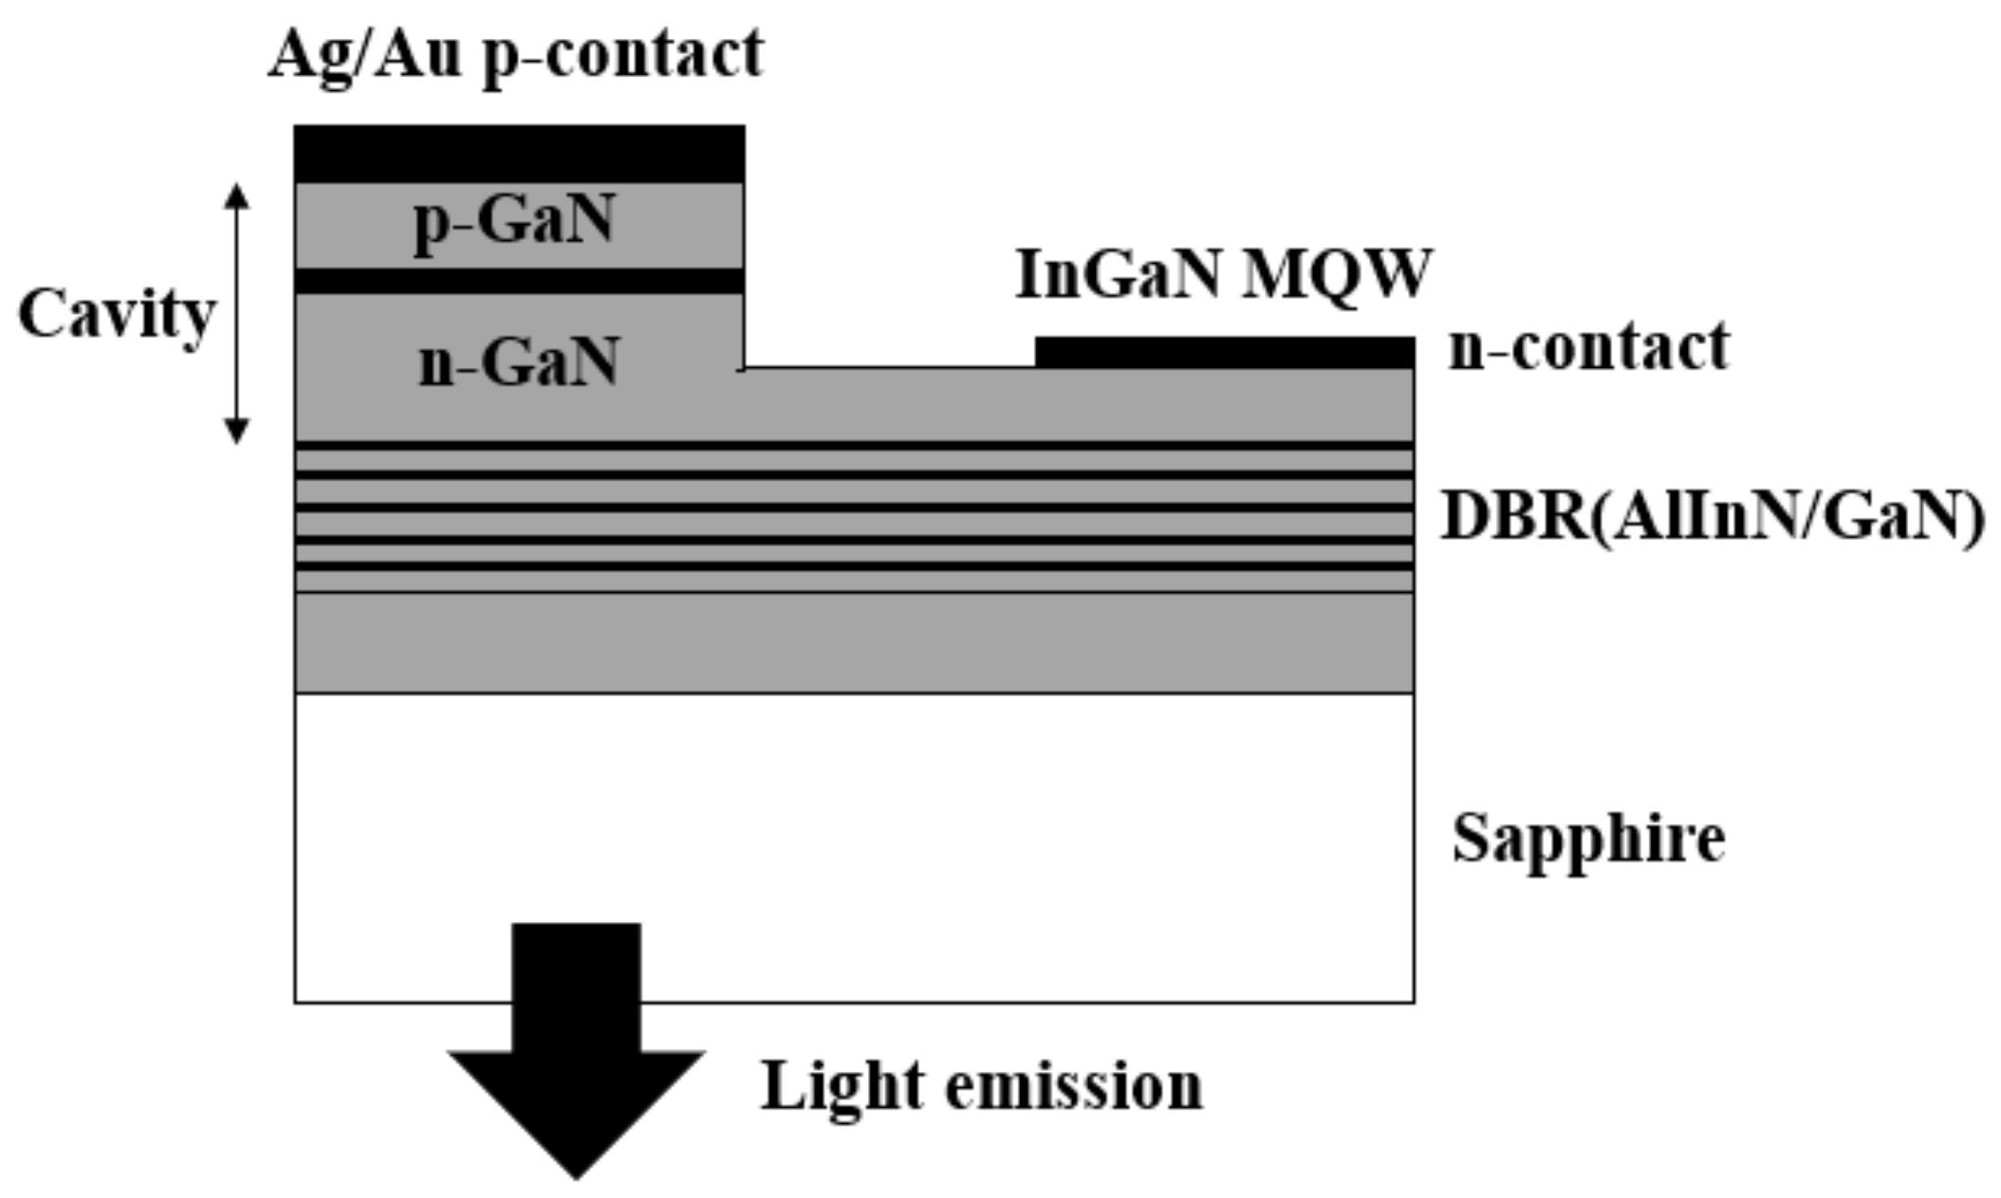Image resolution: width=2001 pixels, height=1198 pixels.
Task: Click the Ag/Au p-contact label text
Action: click(515, 54)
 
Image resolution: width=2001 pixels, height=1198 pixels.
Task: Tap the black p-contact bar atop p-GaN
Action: click(519, 153)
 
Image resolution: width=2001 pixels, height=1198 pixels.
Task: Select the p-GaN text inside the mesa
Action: click(515, 220)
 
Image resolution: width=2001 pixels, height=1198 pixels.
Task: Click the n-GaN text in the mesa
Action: click(518, 362)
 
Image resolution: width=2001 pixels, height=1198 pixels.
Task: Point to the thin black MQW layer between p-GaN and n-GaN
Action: click(519, 281)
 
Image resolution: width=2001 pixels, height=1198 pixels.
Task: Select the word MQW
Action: click(1336, 276)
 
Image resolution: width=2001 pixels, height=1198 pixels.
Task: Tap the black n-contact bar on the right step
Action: click(1224, 352)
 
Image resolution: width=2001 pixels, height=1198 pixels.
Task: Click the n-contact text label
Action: click(1588, 347)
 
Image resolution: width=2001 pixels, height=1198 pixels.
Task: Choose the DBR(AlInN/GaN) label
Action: click(1713, 517)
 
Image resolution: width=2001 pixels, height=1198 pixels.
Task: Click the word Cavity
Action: click(117, 314)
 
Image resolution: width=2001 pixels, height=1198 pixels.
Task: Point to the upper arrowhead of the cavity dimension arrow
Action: click(236, 194)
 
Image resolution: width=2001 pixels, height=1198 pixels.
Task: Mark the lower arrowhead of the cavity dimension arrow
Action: click(236, 432)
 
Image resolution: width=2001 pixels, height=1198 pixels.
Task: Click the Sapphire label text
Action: click(1588, 839)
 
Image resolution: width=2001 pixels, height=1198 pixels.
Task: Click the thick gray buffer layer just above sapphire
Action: click(854, 643)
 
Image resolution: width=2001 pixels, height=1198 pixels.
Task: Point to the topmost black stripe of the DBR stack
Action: click(854, 445)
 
